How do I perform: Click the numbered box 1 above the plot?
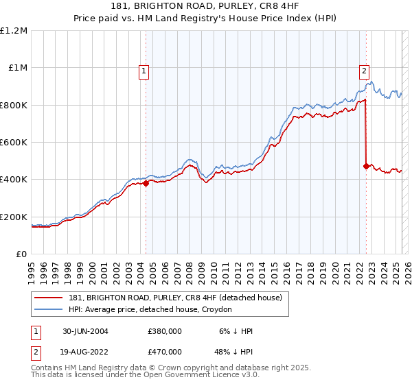pyautogui.click(x=144, y=70)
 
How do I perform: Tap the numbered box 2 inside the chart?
pyautogui.click(x=363, y=70)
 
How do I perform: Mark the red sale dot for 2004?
pyautogui.click(x=146, y=183)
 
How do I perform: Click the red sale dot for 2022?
pyautogui.click(x=366, y=166)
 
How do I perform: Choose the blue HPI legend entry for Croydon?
pyautogui.click(x=150, y=310)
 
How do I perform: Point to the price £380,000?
pyautogui.click(x=164, y=331)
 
